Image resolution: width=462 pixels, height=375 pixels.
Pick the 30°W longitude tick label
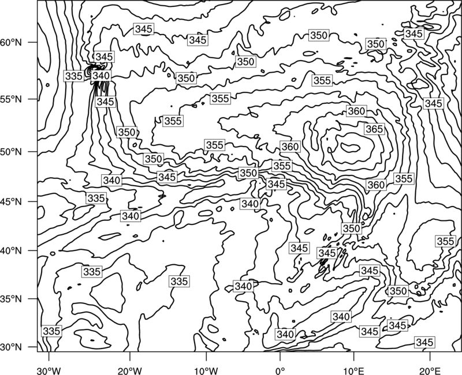[49, 370]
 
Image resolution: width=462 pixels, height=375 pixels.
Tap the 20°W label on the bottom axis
[129, 370]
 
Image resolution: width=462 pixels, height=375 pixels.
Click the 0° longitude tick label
[280, 370]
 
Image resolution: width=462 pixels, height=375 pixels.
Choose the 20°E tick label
[430, 370]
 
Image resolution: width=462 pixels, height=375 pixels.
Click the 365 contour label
[374, 129]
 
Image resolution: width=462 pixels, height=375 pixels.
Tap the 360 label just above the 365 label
[356, 111]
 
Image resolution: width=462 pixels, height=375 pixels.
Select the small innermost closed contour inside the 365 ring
[351, 147]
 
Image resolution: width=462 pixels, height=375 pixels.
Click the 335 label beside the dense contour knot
[74, 76]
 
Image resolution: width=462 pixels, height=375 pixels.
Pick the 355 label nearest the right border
[445, 241]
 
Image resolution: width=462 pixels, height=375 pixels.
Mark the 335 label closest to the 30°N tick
[51, 331]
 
